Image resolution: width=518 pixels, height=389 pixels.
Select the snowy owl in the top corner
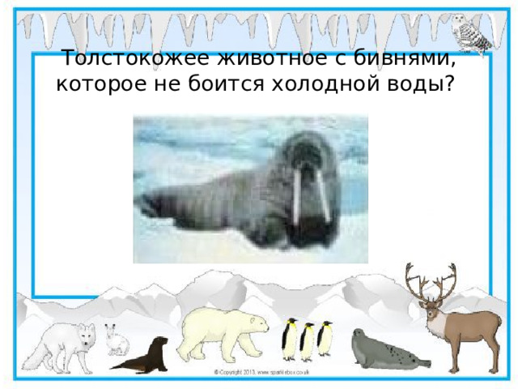tap(474, 32)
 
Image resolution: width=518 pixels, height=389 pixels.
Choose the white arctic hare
tap(117, 340)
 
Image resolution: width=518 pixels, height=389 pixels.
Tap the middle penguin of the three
tap(308, 340)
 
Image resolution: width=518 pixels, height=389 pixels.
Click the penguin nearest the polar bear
tap(289, 339)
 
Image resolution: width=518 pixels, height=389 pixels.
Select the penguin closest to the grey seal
tap(325, 337)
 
